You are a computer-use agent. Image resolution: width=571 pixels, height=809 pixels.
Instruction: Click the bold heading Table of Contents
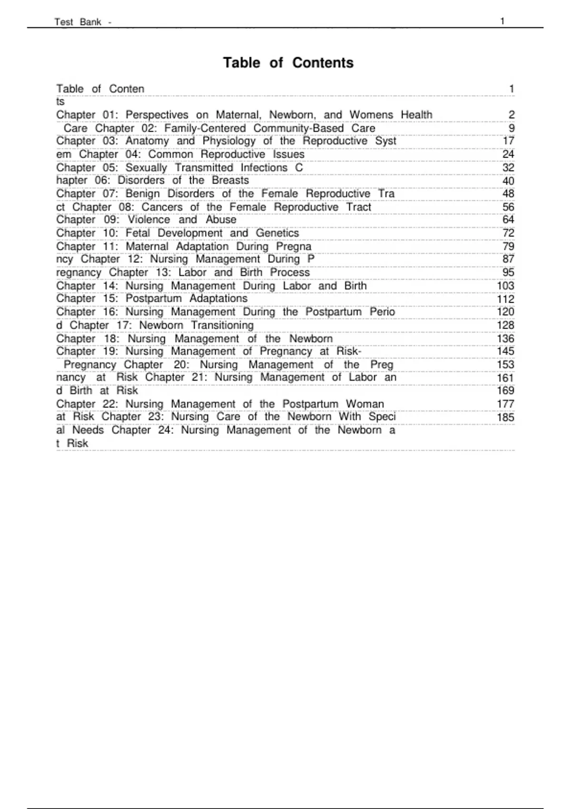(x=288, y=63)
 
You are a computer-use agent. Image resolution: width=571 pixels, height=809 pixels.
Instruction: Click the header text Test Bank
(x=78, y=22)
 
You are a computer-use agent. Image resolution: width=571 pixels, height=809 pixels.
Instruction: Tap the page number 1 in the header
(x=502, y=21)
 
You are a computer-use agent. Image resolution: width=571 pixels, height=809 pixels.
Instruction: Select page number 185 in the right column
(x=505, y=417)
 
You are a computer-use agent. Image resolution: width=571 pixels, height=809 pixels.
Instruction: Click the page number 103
(x=505, y=286)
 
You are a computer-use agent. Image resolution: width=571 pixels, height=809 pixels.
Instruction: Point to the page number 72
(x=508, y=233)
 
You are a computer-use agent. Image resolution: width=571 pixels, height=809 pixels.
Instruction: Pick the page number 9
(x=512, y=128)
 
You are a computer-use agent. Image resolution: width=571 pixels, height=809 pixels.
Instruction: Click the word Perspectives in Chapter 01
(x=157, y=115)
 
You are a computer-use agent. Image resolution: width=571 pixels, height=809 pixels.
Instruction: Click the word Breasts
(x=230, y=180)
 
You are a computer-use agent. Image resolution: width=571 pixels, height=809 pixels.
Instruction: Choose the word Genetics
(x=277, y=233)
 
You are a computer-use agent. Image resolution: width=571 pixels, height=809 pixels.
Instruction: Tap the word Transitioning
(x=222, y=325)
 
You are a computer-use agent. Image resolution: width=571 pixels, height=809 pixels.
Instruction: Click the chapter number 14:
(x=110, y=286)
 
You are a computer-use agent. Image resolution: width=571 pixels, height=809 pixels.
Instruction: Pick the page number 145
(x=505, y=351)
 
